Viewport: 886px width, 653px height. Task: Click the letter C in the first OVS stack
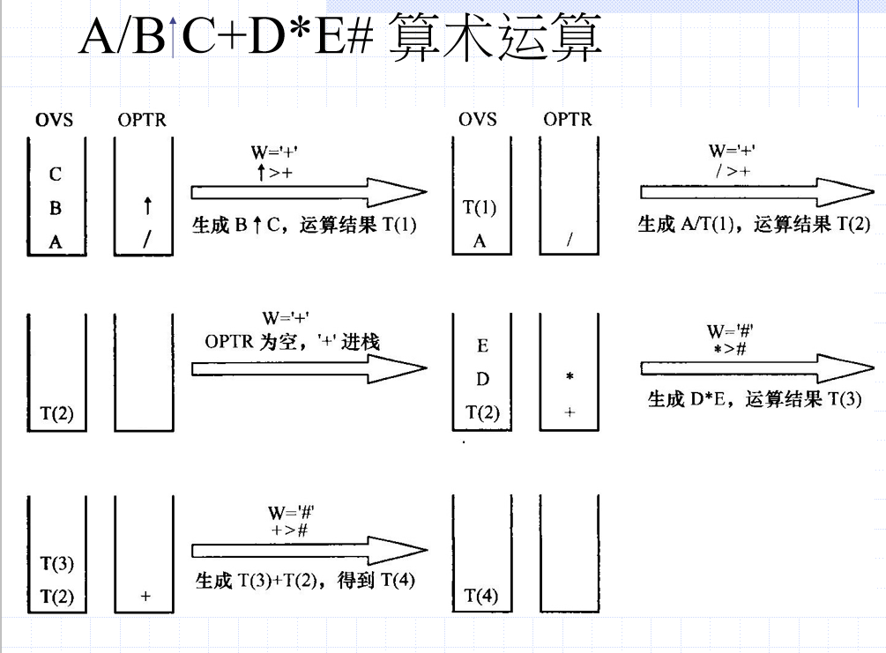[x=56, y=174]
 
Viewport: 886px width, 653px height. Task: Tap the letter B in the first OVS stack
[x=56, y=209]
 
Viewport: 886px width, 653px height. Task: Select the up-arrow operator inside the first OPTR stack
[x=147, y=208]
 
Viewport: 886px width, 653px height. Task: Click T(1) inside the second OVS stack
[x=480, y=208]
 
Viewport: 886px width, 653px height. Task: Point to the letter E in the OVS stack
[x=481, y=346]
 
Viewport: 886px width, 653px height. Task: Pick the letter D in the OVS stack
[x=481, y=380]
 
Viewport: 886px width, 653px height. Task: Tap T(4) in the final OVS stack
[x=481, y=597]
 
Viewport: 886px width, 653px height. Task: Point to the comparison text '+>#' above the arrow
[x=291, y=529]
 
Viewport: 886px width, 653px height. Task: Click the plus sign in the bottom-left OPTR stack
[x=145, y=597]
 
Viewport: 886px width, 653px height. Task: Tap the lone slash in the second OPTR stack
[x=570, y=241]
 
